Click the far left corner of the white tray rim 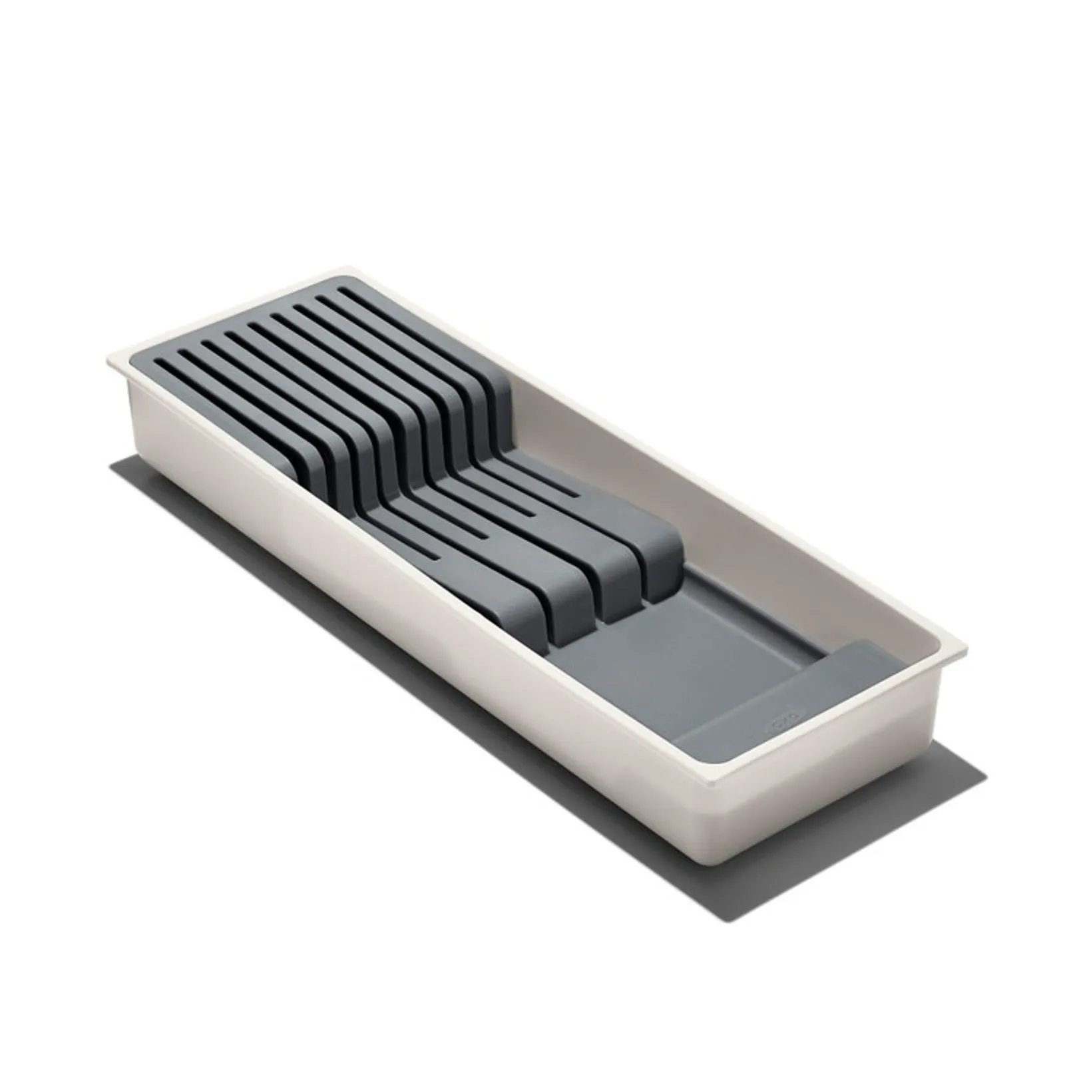tap(108, 363)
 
